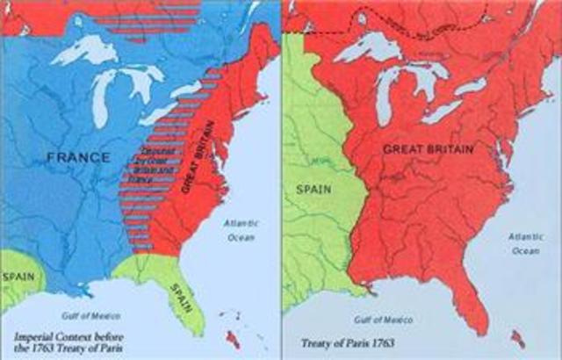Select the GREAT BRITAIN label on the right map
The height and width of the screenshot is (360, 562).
[x=428, y=150]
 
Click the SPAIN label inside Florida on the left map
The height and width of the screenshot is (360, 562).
[x=181, y=288]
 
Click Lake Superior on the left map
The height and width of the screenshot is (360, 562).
[x=83, y=52]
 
